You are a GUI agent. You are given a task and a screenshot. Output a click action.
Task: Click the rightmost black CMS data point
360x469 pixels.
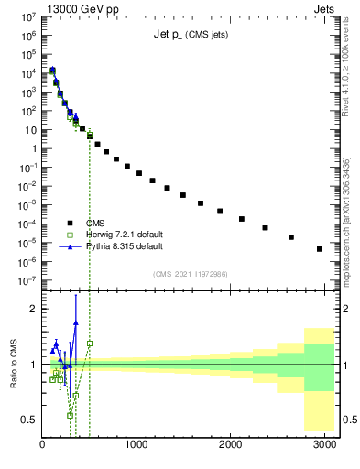pos(319,248)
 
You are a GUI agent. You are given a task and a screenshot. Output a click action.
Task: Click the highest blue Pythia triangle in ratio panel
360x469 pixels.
pos(76,322)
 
